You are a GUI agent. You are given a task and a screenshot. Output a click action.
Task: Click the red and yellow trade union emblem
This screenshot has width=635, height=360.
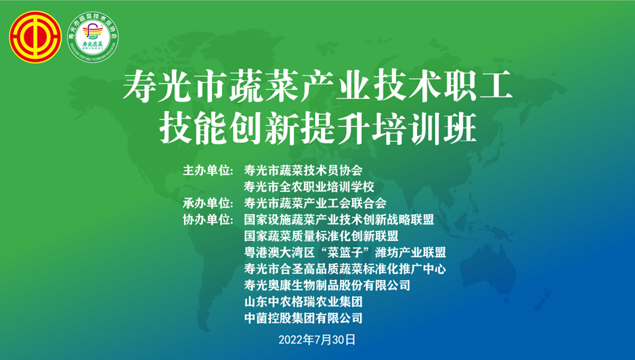pyautogui.click(x=35, y=37)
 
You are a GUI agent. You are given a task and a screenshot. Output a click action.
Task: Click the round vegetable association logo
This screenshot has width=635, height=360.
pyautogui.click(x=93, y=37)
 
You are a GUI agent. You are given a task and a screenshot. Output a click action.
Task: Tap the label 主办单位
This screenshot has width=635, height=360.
pyautogui.click(x=208, y=171)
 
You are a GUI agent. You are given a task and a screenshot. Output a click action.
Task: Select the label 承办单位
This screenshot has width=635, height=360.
pyautogui.click(x=208, y=203)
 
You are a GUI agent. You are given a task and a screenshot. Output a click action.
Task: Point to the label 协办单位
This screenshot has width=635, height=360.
pyautogui.click(x=208, y=220)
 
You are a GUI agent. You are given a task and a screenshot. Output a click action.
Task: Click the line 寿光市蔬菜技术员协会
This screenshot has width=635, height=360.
pyautogui.click(x=303, y=171)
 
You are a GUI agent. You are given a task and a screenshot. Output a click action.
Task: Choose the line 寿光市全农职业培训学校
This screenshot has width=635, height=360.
pyautogui.click(x=309, y=187)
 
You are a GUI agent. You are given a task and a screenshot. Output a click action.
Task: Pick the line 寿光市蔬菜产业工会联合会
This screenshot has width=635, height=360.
pyautogui.click(x=315, y=203)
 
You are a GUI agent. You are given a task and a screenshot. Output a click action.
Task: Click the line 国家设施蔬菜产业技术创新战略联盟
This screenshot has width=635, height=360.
pyautogui.click(x=339, y=220)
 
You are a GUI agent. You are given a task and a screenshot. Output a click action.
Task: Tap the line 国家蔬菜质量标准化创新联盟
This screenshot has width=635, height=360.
pyautogui.click(x=321, y=236)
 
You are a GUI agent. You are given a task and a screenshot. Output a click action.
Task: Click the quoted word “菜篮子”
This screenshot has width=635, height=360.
pyautogui.click(x=345, y=252)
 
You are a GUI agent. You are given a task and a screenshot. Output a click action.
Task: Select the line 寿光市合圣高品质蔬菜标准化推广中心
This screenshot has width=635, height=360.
pyautogui.click(x=345, y=269)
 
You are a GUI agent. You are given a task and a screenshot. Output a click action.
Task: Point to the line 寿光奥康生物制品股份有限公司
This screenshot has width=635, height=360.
pyautogui.click(x=327, y=286)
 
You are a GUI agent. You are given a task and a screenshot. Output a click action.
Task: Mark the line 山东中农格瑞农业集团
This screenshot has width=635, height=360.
pyautogui.click(x=303, y=302)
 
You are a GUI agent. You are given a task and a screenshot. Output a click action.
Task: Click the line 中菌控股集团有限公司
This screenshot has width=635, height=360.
pyautogui.click(x=303, y=318)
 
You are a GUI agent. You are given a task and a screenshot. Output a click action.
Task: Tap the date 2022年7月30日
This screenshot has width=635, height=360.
pyautogui.click(x=317, y=340)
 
